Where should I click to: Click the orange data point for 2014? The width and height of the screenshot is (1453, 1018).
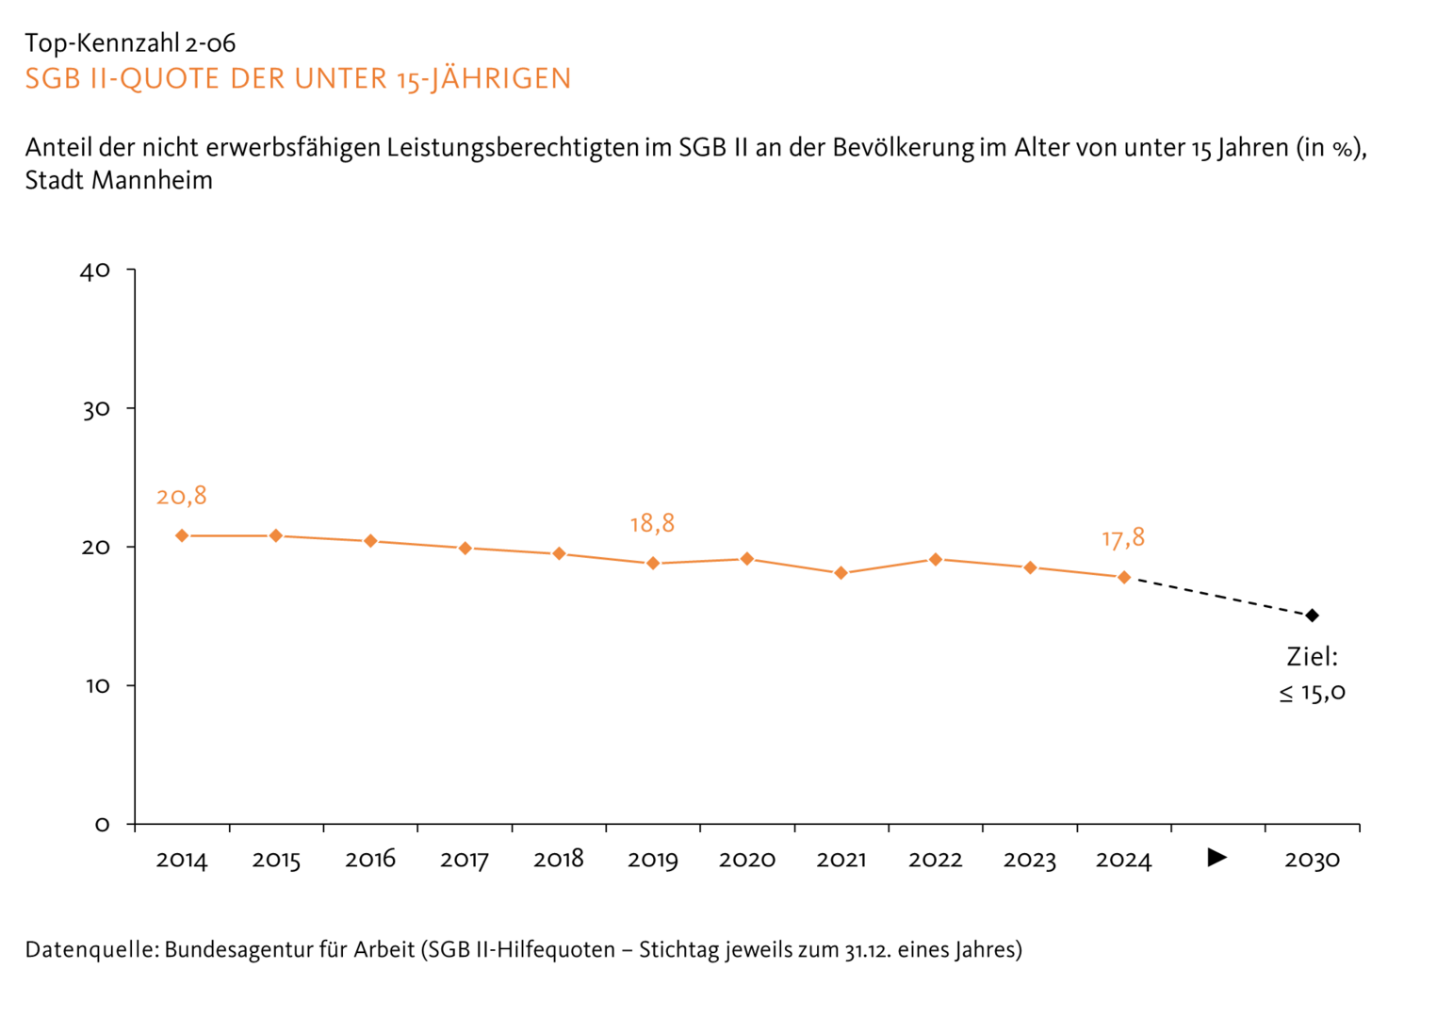(182, 535)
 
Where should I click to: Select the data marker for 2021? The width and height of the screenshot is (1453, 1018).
(841, 573)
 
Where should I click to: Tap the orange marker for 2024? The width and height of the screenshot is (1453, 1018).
(1124, 577)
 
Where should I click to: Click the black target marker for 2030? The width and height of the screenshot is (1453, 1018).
(1312, 616)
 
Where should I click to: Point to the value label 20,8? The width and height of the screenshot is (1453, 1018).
(182, 497)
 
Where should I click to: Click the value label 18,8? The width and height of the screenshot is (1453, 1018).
(652, 524)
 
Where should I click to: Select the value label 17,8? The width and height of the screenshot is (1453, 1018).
(1123, 538)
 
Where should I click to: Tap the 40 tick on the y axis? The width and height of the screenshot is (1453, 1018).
(95, 271)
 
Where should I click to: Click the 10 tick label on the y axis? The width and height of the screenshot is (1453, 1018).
(97, 686)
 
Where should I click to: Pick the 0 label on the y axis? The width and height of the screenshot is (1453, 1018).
(102, 825)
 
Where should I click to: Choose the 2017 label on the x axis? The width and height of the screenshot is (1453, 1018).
(465, 861)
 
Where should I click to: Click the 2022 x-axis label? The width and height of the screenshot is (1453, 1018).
(935, 861)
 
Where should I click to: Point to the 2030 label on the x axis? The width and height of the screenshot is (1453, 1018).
(1312, 861)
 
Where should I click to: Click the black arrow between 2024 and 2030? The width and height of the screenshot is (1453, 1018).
(1217, 858)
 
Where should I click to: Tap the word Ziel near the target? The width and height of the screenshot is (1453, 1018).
(1312, 657)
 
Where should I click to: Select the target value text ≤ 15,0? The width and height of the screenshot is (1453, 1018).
(1312, 693)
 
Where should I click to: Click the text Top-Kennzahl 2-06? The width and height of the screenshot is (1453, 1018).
(130, 43)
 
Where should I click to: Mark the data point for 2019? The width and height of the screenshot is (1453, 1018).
(653, 564)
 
